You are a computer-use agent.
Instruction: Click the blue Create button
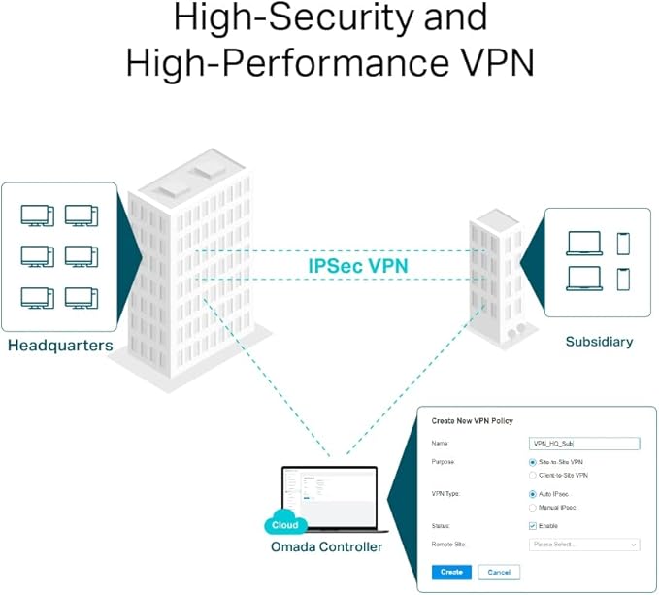click(451, 572)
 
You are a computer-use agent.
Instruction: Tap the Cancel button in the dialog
click(499, 572)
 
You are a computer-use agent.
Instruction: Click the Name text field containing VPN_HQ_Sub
click(585, 444)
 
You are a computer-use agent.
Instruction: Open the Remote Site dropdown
click(585, 545)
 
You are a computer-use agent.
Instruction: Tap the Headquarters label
click(59, 346)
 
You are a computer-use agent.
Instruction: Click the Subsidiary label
click(599, 342)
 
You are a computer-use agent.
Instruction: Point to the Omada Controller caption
click(326, 547)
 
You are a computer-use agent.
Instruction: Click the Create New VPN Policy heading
click(472, 420)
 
